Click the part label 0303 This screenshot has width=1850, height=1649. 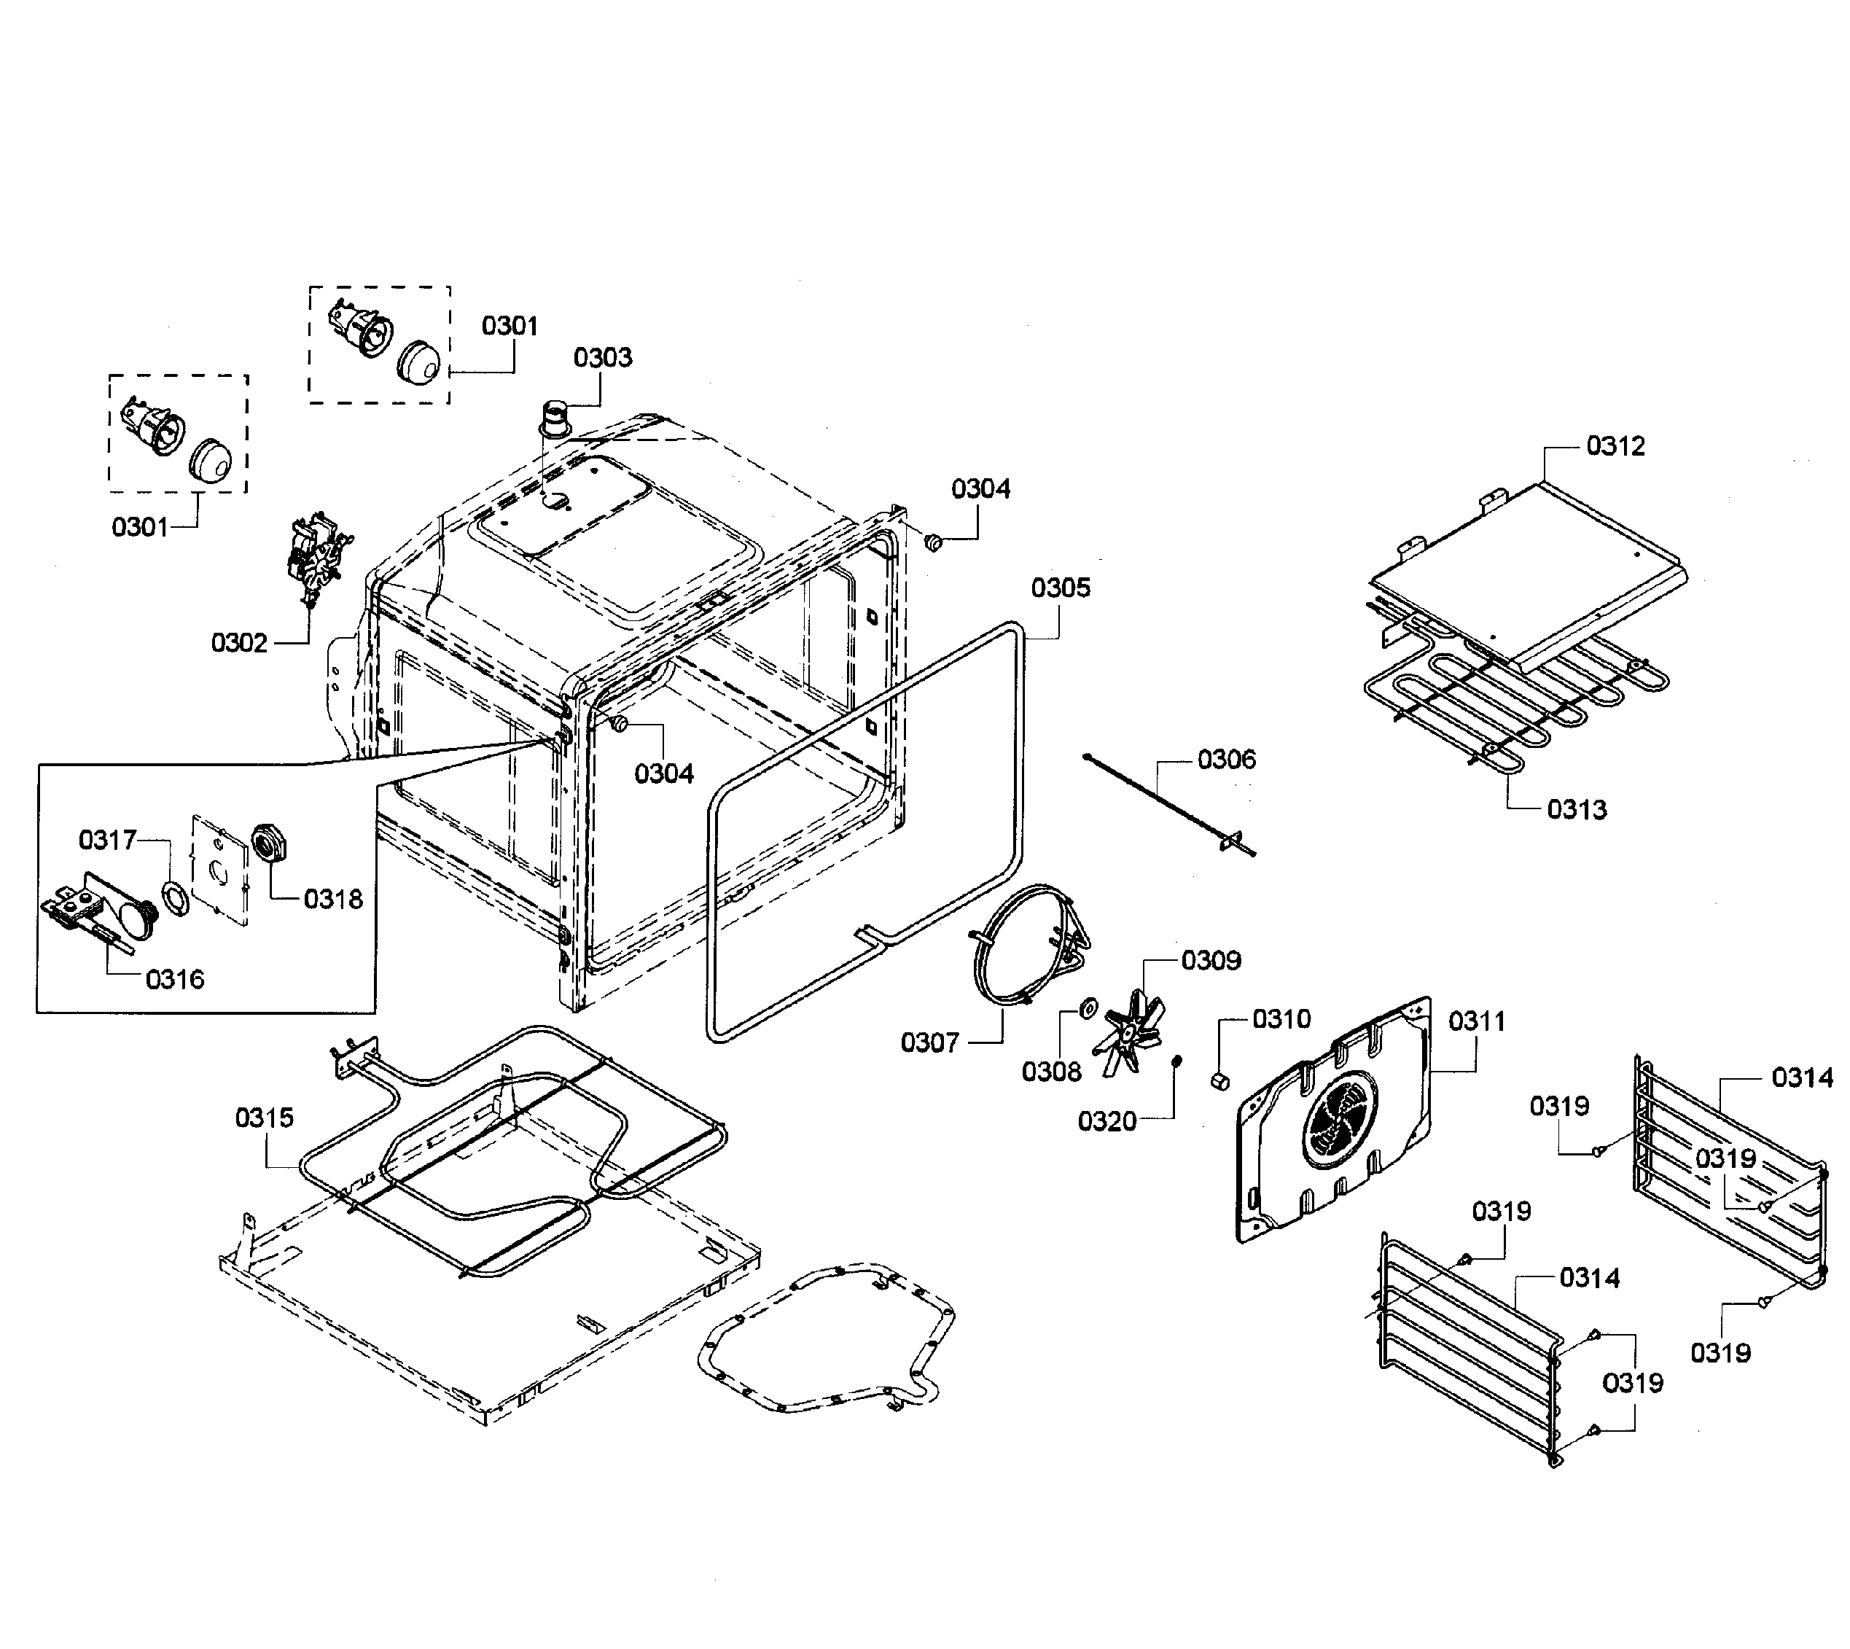point(603,358)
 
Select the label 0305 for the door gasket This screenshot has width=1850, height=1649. point(1060,588)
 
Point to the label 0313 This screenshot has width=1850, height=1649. point(1577,809)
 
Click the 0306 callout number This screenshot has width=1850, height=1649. point(1227,760)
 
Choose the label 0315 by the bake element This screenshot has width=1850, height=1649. point(265,1118)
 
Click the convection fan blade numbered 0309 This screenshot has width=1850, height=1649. point(1125,1034)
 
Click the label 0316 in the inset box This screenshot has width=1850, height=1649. point(175,980)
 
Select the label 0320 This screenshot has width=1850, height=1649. point(1107,1122)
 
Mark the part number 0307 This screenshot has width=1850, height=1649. point(929,1043)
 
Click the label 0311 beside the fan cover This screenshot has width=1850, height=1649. point(1476,1021)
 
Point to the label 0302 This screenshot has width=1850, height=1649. point(239,643)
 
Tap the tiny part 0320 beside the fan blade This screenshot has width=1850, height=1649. point(1175,1061)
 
